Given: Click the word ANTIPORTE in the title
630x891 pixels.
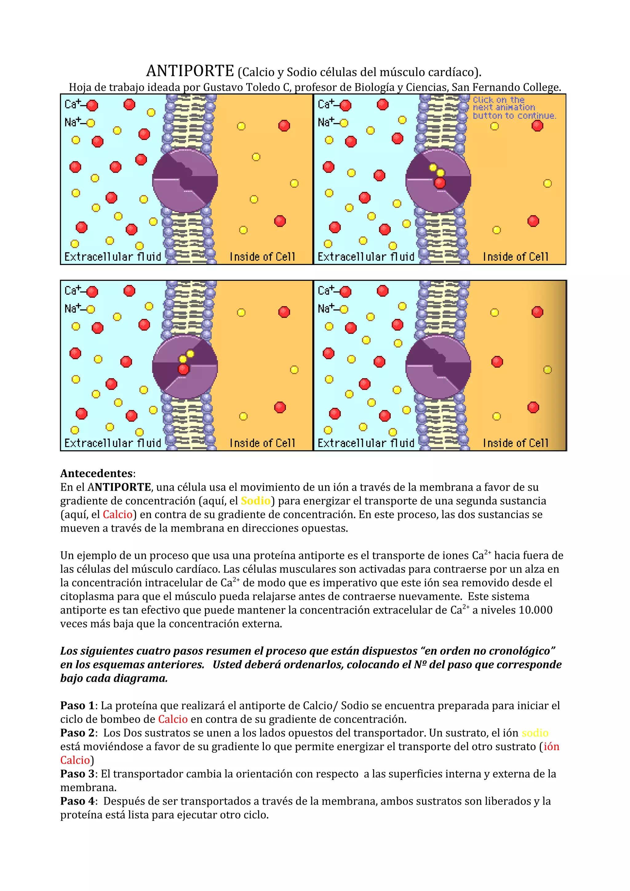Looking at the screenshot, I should [190, 71].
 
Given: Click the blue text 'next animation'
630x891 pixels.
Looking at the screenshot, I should [504, 108].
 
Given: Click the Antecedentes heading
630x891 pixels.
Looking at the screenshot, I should [97, 473].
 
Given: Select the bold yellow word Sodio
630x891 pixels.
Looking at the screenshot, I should [255, 501].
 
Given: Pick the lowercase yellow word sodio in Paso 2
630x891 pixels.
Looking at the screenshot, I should [535, 733].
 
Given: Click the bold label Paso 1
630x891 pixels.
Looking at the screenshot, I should [77, 706].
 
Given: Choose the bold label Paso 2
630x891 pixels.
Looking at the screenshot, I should [77, 733].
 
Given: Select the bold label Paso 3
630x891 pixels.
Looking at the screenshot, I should [77, 774].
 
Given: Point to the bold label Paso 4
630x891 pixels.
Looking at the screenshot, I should [77, 801].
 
